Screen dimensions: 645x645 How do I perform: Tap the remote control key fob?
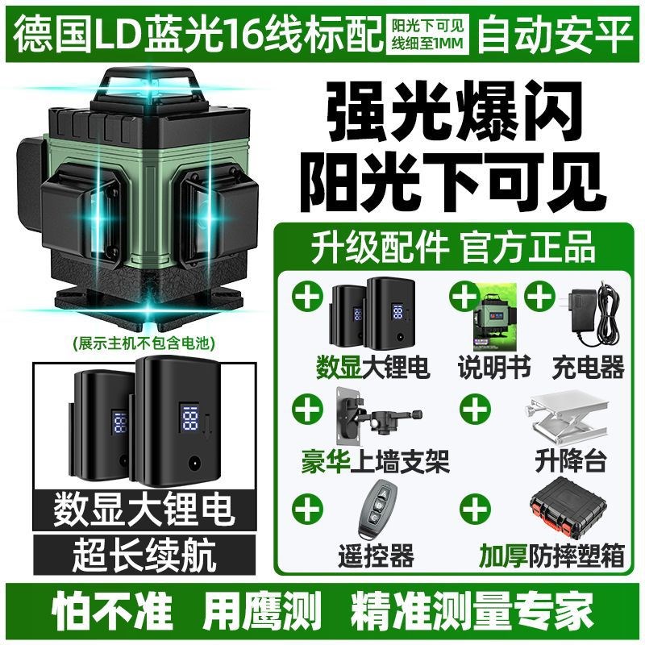click(373, 510)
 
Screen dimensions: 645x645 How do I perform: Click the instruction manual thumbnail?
click(494, 319)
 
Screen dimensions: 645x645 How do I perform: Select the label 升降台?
click(570, 461)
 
